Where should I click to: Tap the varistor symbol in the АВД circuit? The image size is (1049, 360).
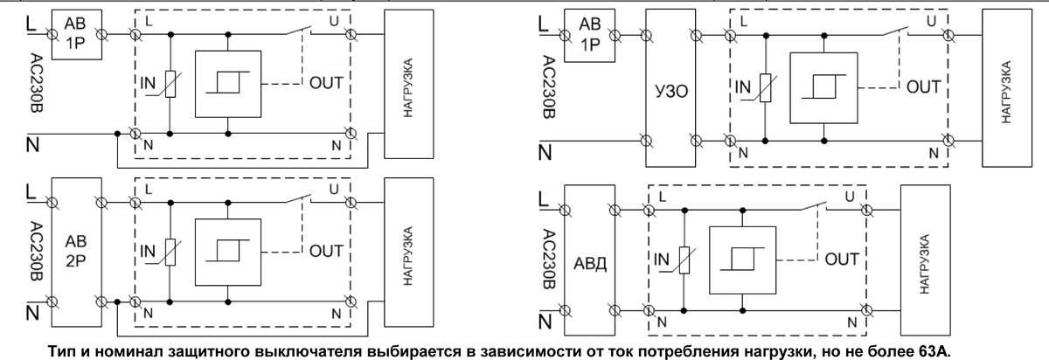click(681, 260)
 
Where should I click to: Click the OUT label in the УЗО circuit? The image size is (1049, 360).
click(922, 87)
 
